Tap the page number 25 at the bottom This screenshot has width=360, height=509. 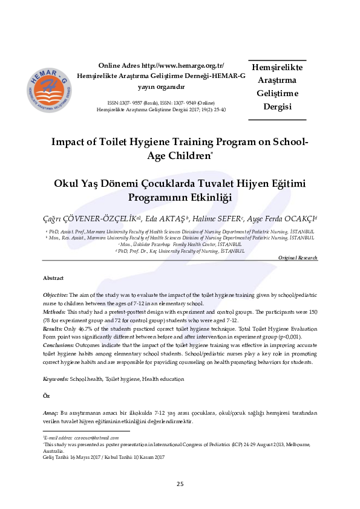coord(180,484)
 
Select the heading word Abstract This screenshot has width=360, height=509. coord(53,278)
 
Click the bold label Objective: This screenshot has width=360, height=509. coord(56,294)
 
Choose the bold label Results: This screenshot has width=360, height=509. coord(53,329)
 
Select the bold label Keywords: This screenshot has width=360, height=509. coord(56,379)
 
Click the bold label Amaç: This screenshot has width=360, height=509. coord(51,411)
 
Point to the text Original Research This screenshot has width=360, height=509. coord(297,258)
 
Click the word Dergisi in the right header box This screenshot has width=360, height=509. coord(278,108)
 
